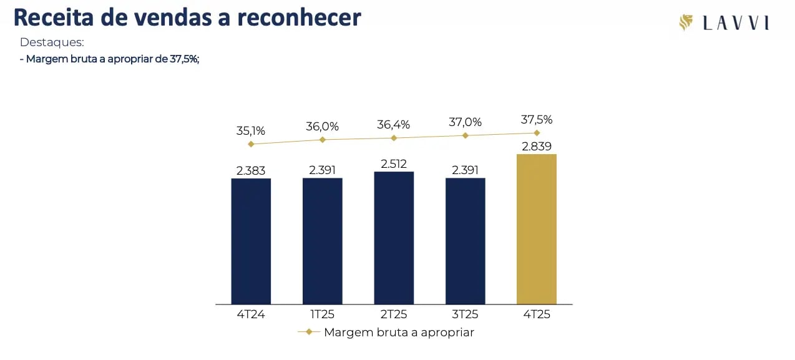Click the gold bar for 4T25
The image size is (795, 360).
[x=537, y=229]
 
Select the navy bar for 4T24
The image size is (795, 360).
[x=251, y=241]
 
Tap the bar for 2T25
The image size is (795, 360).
[x=394, y=238]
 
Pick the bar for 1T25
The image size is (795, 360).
[x=323, y=241]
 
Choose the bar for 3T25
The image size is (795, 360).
[x=465, y=241]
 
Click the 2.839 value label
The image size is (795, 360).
[x=537, y=147]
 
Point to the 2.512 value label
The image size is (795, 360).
[x=394, y=164]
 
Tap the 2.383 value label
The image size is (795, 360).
[x=251, y=170]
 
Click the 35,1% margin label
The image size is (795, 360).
[x=251, y=131]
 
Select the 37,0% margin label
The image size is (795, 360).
[x=465, y=122]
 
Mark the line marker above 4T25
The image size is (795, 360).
[x=537, y=133]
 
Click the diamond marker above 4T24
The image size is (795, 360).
[x=251, y=144]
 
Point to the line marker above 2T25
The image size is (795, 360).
[x=394, y=138]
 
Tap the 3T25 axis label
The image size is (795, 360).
[x=465, y=314]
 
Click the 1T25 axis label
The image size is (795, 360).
[x=323, y=314]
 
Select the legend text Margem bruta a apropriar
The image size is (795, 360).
[x=399, y=333]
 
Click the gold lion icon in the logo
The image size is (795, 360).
[x=686, y=23]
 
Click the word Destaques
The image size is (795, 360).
[x=52, y=43]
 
